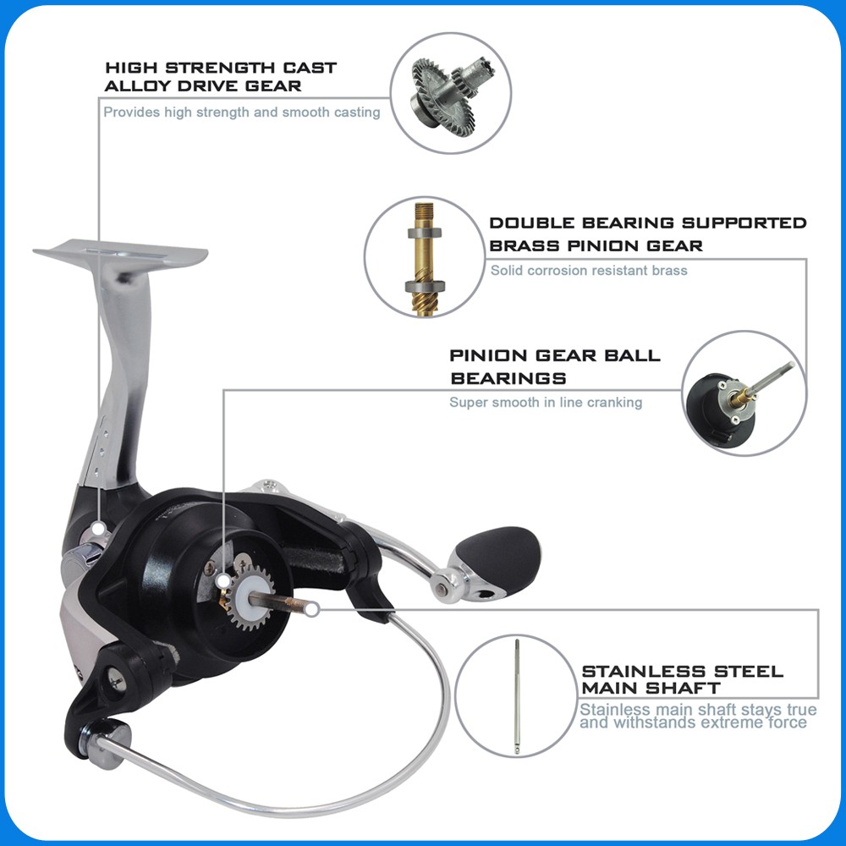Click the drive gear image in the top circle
[x=451, y=94]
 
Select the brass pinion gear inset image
[x=425, y=258]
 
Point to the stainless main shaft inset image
[x=517, y=696]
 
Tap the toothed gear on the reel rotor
[x=250, y=596]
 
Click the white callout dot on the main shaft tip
[x=312, y=610]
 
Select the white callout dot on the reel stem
[x=98, y=529]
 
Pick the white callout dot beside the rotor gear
[x=222, y=582]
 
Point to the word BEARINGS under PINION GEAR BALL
[x=508, y=378]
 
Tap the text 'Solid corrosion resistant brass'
[x=589, y=271]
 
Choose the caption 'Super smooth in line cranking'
[x=546, y=403]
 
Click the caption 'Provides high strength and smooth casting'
[x=242, y=113]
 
